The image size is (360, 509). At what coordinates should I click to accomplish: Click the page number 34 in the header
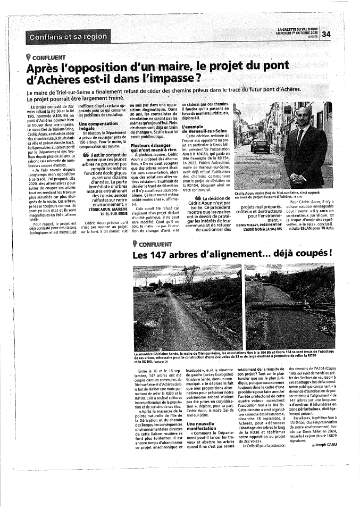pos(326,34)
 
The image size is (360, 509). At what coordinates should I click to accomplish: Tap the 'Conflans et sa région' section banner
pos(68,37)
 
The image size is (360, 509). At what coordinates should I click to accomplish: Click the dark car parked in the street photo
pos(260,145)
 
